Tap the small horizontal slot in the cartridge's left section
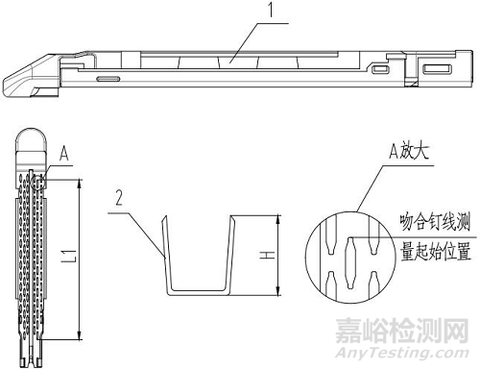[x=108, y=75]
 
